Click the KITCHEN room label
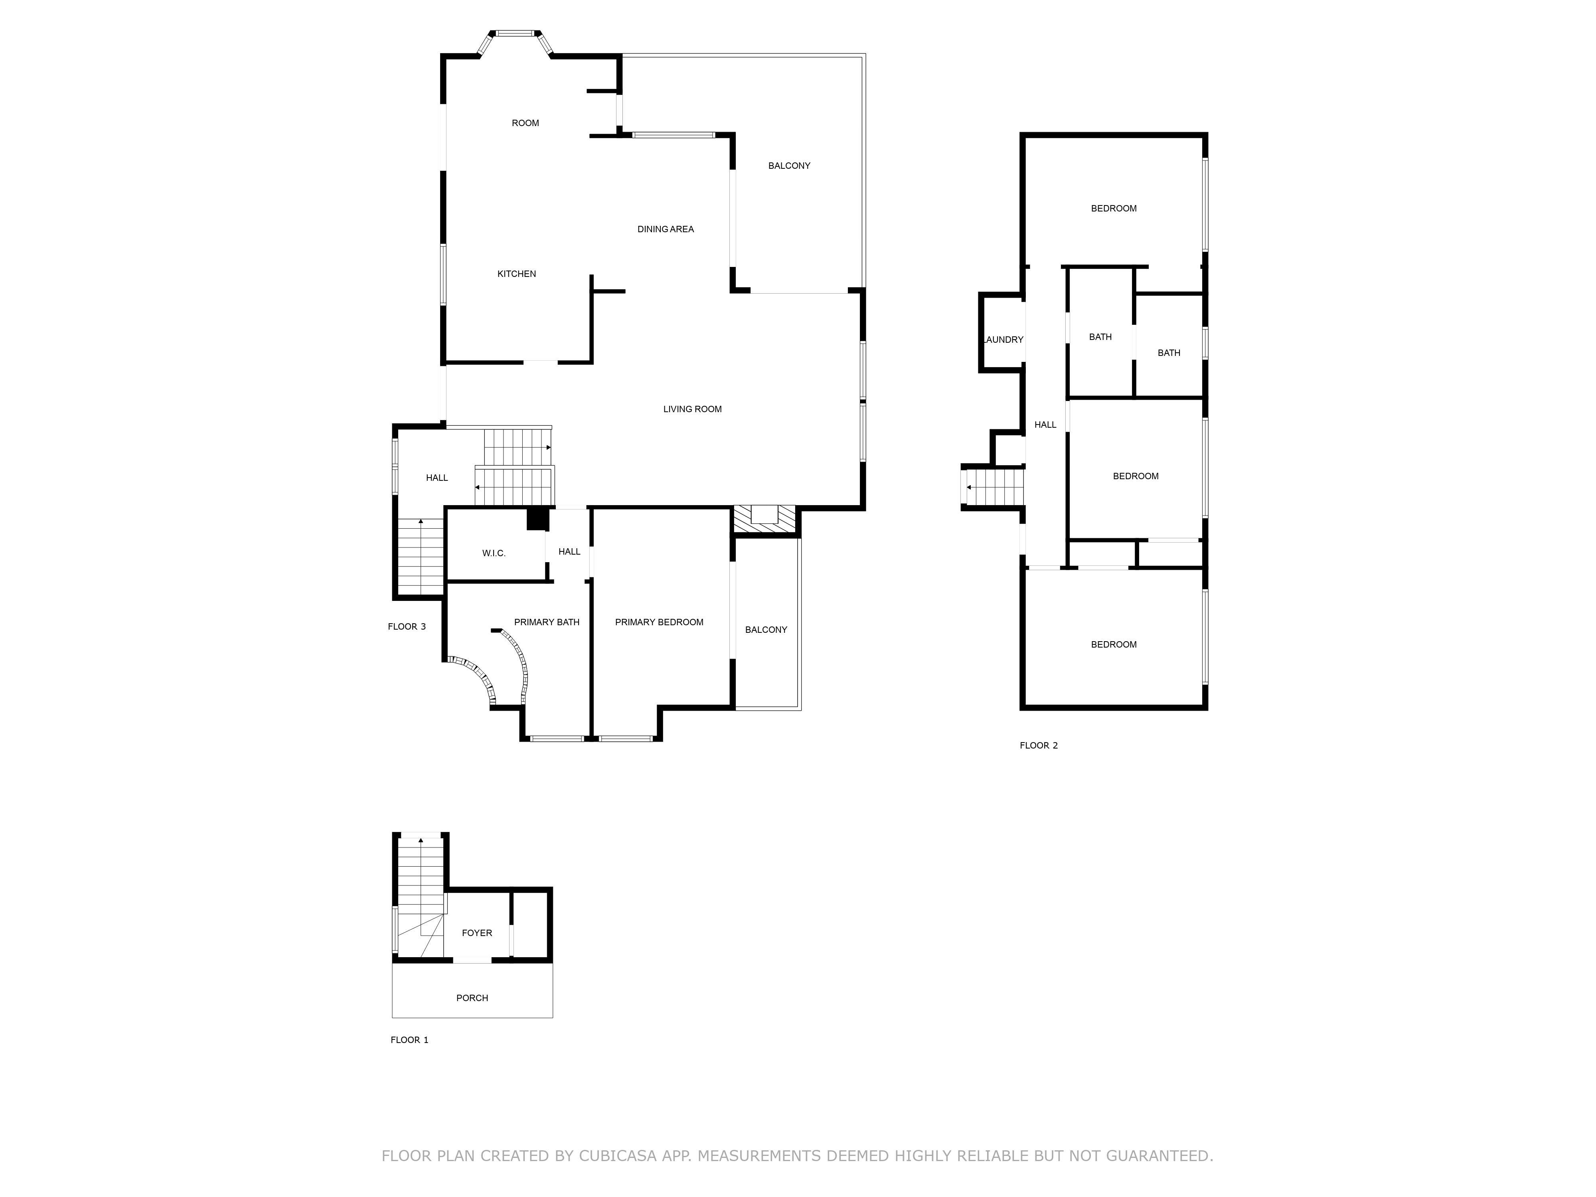tap(517, 274)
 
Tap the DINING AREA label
tap(665, 229)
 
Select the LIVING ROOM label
tap(692, 409)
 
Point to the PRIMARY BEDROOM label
tap(659, 622)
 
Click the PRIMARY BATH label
tap(546, 622)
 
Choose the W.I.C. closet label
tap(494, 553)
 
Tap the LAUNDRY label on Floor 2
tap(1003, 340)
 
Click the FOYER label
tap(477, 933)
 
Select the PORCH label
tap(472, 998)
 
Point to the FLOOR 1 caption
tap(409, 1040)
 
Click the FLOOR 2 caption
tap(1038, 745)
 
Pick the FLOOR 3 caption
tap(406, 626)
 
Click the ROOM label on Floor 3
tap(525, 123)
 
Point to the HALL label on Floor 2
tap(1045, 425)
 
